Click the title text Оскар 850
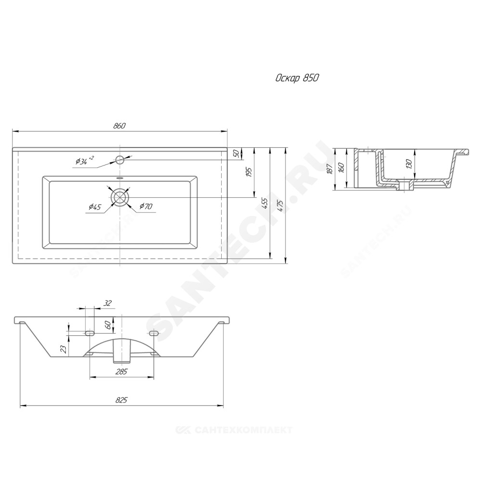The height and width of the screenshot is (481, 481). pos(297,78)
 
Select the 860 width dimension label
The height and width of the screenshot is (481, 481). pos(120,126)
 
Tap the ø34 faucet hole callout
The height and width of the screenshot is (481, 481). pos(84,161)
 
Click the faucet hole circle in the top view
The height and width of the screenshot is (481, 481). pos(120,160)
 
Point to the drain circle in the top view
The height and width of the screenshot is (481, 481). pos(120,197)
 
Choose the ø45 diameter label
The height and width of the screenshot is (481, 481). pos(95,207)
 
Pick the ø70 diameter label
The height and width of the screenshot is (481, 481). pos(146,206)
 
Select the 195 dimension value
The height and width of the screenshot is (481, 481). pos(249,172)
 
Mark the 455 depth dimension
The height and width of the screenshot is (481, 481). pos(265,203)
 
